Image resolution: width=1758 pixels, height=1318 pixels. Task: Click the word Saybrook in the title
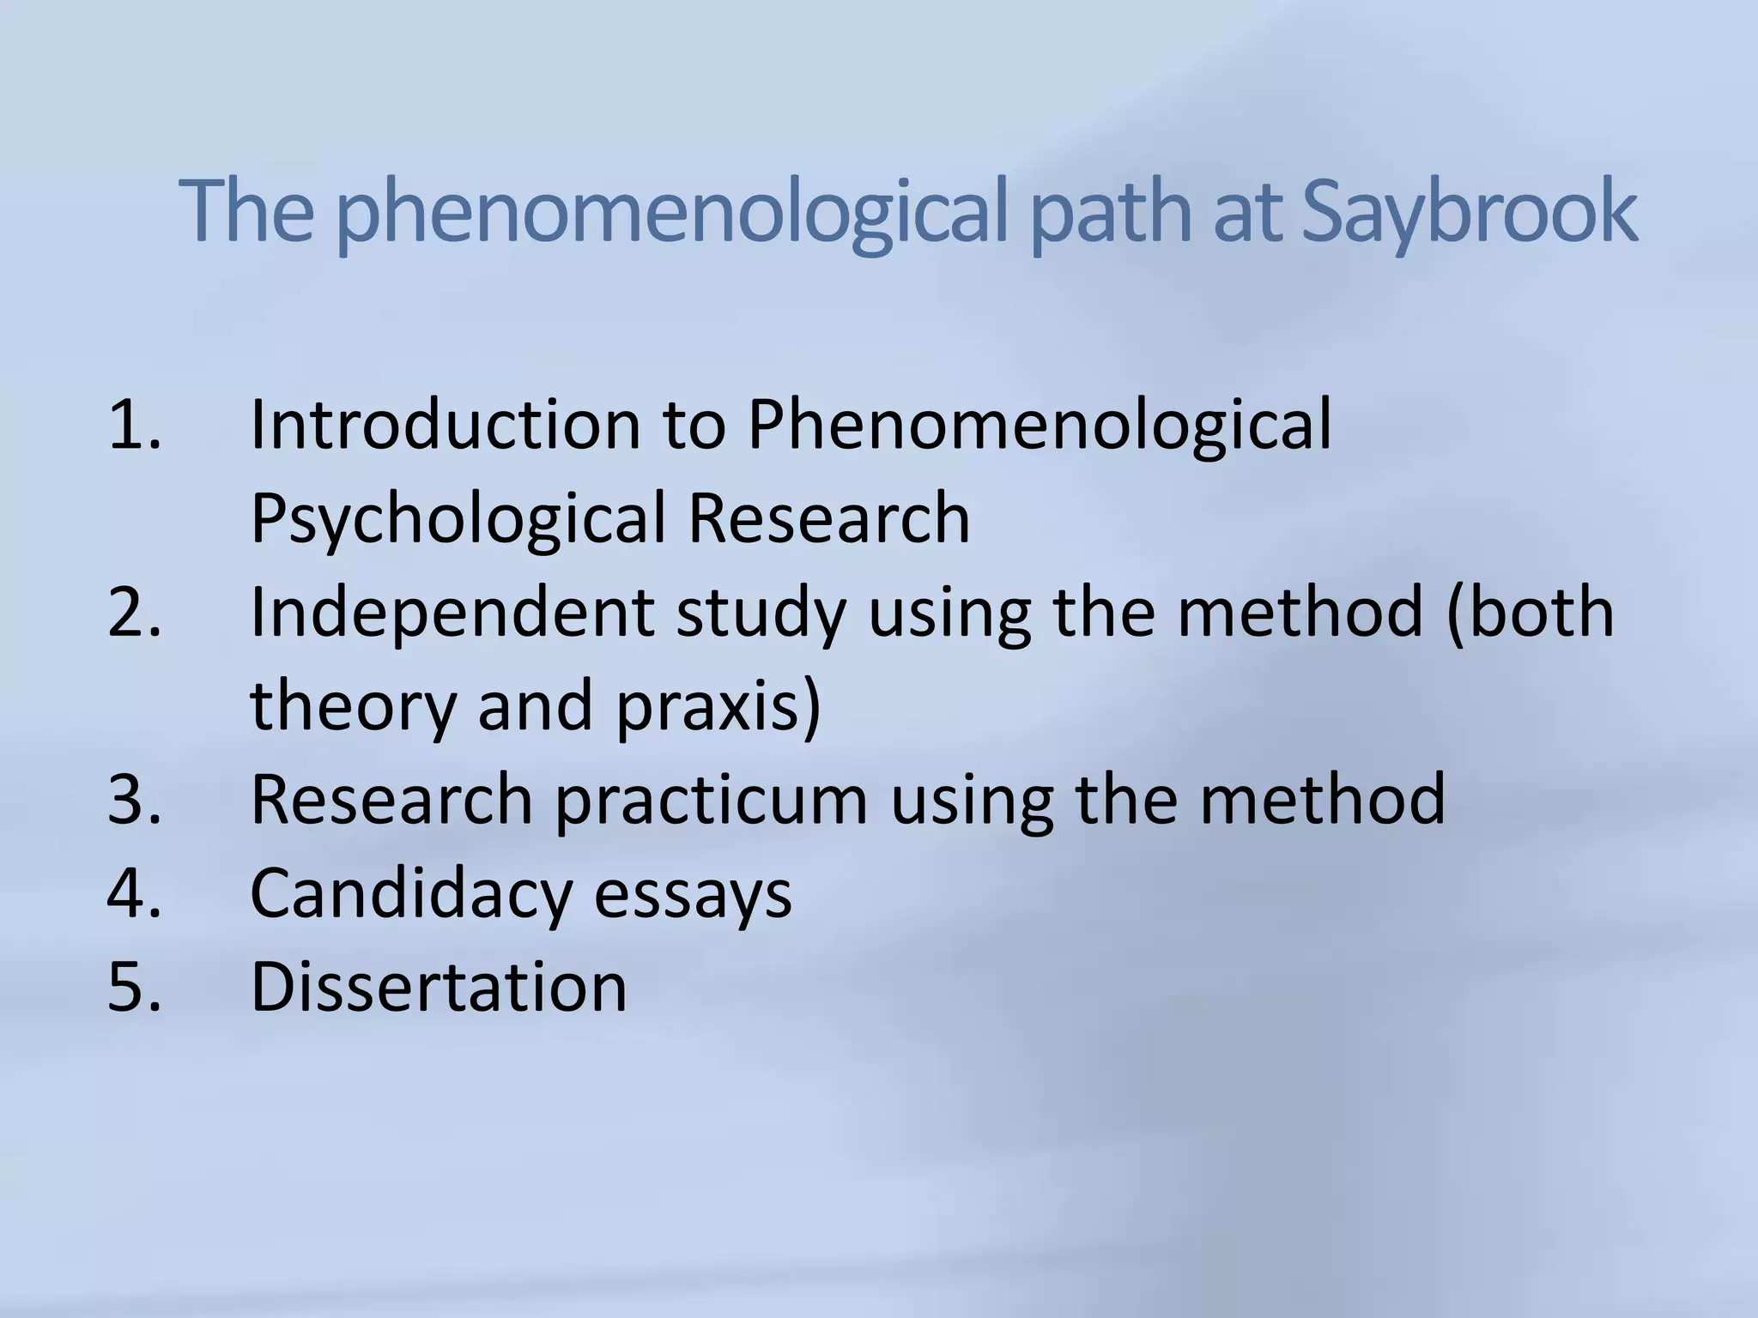(x=1469, y=213)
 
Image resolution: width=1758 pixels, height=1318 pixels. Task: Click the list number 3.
(x=134, y=799)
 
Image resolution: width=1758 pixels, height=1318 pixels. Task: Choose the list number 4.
(x=134, y=893)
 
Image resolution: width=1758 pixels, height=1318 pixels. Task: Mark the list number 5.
(x=134, y=987)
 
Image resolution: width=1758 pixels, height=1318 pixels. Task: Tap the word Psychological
(x=458, y=519)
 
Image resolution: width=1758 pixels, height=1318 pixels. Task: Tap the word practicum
(x=711, y=801)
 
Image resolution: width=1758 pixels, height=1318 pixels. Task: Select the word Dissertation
(x=439, y=987)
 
